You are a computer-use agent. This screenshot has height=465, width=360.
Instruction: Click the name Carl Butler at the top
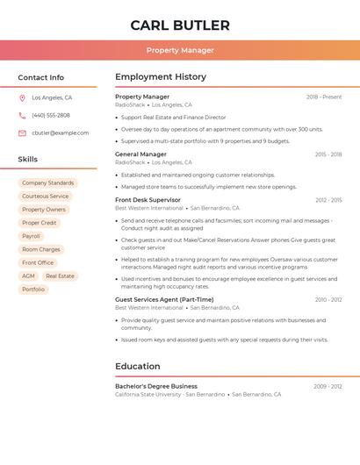pyautogui.click(x=180, y=25)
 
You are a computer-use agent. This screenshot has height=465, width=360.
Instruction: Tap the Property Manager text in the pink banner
pyautogui.click(x=180, y=50)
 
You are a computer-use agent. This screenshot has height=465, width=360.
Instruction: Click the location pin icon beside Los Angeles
pyautogui.click(x=22, y=98)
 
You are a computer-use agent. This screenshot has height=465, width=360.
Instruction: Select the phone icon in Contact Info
pyautogui.click(x=22, y=115)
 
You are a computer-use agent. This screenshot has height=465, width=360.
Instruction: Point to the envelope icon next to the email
pyautogui.click(x=22, y=133)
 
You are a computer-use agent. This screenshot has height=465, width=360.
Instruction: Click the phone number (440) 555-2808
pyautogui.click(x=51, y=115)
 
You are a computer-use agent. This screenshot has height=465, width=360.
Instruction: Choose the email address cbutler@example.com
pyautogui.click(x=60, y=133)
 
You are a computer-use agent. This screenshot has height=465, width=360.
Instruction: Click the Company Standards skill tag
pyautogui.click(x=48, y=183)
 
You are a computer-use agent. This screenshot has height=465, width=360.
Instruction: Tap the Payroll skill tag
pyautogui.click(x=31, y=236)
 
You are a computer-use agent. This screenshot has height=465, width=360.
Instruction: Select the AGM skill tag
pyautogui.click(x=29, y=275)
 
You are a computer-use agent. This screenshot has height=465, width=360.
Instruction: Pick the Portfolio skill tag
pyautogui.click(x=33, y=289)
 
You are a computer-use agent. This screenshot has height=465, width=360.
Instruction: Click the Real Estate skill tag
pyautogui.click(x=60, y=275)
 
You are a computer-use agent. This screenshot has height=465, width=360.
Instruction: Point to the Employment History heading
pyautogui.click(x=161, y=77)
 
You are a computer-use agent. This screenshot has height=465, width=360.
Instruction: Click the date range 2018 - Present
pyautogui.click(x=324, y=97)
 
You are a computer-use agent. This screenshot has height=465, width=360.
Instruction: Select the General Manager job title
pyautogui.click(x=140, y=154)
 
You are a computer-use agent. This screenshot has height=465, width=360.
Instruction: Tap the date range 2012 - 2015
pyautogui.click(x=328, y=200)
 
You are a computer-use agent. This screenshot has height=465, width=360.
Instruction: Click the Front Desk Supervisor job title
pyautogui.click(x=148, y=200)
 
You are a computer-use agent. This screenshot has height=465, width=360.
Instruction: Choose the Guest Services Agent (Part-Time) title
pyautogui.click(x=164, y=299)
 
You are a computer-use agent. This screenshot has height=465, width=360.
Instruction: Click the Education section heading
pyautogui.click(x=138, y=366)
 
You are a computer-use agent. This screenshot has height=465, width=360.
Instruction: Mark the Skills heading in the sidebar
pyautogui.click(x=28, y=159)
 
